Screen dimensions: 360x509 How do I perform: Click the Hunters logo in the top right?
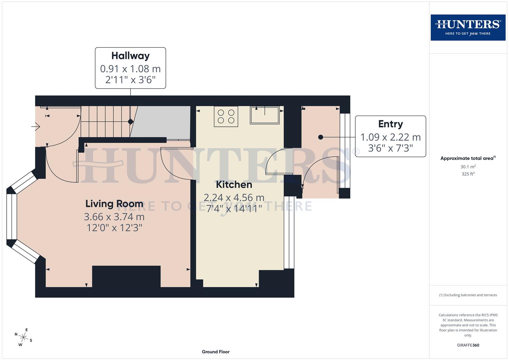click(468, 27)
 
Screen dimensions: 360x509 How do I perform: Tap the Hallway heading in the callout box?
click(130, 56)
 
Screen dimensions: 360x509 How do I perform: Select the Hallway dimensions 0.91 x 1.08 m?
click(130, 69)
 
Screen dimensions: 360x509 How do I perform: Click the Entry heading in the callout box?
click(390, 124)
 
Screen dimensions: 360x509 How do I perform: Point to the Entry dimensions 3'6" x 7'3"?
click(390, 148)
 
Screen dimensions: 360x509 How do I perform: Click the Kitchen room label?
click(234, 184)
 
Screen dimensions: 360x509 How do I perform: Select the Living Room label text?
click(114, 204)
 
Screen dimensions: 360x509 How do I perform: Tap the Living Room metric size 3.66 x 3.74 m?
click(114, 217)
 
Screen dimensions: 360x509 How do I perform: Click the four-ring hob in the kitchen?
click(226, 117)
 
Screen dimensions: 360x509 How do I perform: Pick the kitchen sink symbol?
click(265, 115)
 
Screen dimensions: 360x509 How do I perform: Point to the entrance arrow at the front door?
click(36, 127)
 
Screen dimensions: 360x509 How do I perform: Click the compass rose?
click(23, 337)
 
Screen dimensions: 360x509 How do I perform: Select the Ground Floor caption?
click(216, 352)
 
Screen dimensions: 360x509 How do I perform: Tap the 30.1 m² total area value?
click(468, 167)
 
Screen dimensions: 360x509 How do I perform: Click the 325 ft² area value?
click(468, 174)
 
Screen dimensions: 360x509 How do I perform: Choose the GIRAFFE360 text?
click(468, 345)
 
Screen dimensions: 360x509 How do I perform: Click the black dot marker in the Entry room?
click(320, 137)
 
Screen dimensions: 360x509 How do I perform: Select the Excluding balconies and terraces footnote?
click(468, 295)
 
